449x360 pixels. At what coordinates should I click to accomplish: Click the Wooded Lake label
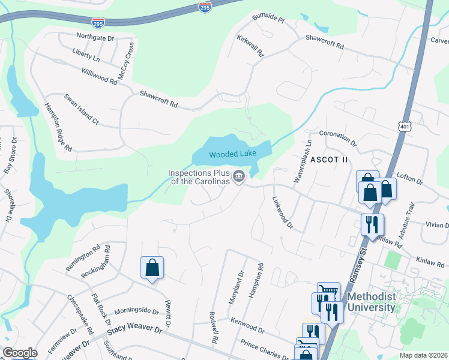click(232, 154)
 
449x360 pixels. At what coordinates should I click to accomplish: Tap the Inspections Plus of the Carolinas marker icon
click(239, 176)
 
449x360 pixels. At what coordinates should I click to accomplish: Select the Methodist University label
click(371, 302)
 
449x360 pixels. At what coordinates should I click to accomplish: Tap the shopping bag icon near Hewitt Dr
click(152, 268)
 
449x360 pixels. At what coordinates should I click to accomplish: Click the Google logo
click(20, 353)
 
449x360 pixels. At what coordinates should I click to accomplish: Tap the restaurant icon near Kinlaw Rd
click(372, 225)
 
